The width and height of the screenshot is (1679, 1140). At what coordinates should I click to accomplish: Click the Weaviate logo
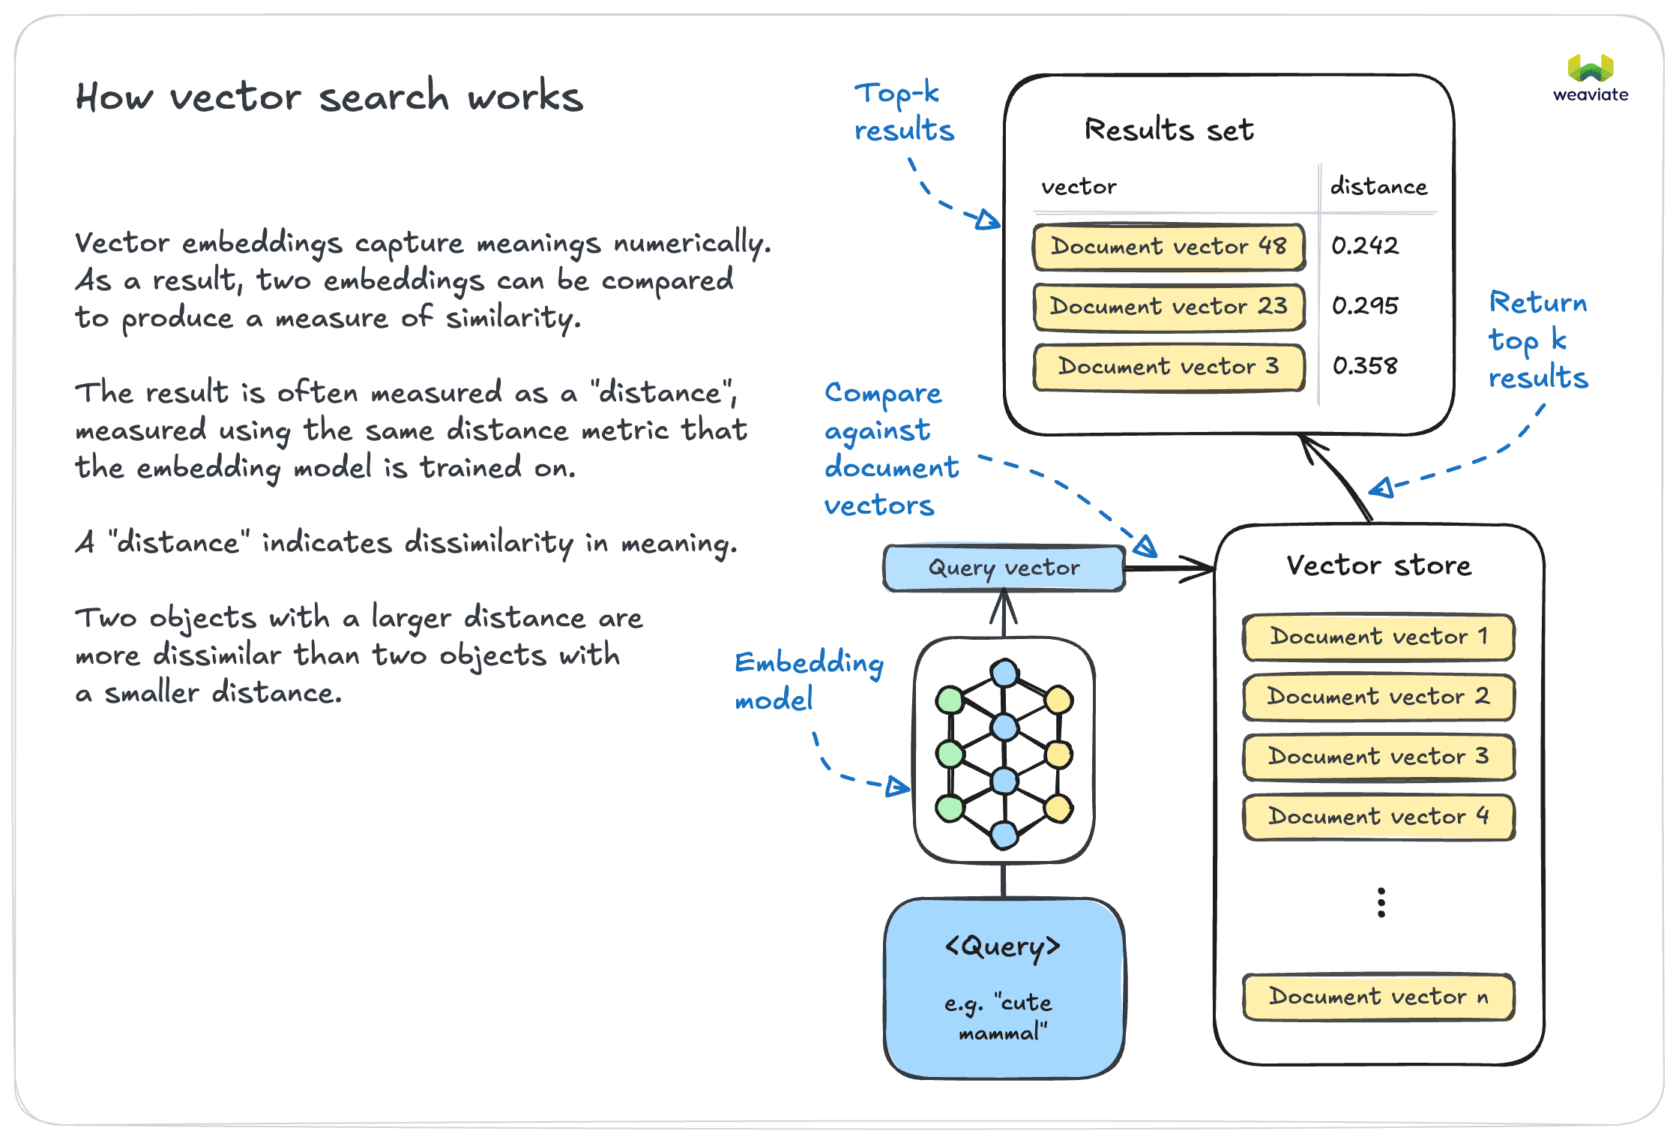pyautogui.click(x=1590, y=77)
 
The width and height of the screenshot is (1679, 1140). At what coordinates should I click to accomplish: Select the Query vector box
pyautogui.click(x=1004, y=568)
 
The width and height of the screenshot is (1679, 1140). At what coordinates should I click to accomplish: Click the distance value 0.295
pyautogui.click(x=1364, y=306)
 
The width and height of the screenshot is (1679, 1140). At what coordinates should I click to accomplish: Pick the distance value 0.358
pyautogui.click(x=1364, y=366)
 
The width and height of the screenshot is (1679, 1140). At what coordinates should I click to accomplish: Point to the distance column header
pyautogui.click(x=1378, y=187)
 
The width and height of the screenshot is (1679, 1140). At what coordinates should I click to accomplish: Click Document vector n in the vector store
pyautogui.click(x=1378, y=997)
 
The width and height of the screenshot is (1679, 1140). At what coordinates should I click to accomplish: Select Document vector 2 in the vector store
pyautogui.click(x=1378, y=697)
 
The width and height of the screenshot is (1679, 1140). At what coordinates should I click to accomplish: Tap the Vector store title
pyautogui.click(x=1378, y=565)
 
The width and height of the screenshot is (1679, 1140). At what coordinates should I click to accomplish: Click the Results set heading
pyautogui.click(x=1168, y=130)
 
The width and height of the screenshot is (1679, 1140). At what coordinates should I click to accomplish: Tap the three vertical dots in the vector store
pyautogui.click(x=1381, y=903)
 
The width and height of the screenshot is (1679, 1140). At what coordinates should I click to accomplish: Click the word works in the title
pyautogui.click(x=525, y=97)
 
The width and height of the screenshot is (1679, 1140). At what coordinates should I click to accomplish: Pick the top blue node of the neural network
pyautogui.click(x=1004, y=673)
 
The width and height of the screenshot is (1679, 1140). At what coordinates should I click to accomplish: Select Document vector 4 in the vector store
pyautogui.click(x=1378, y=817)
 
